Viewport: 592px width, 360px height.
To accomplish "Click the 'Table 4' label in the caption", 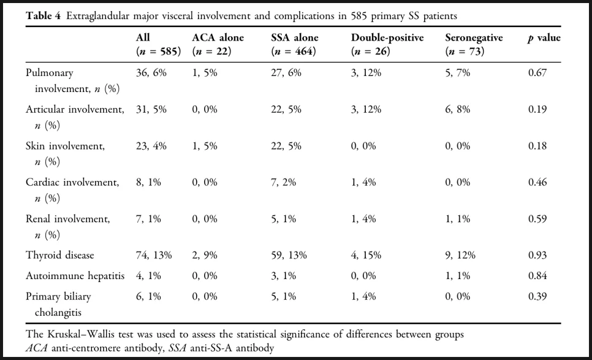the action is [43, 16].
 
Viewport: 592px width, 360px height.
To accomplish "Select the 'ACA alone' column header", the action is [218, 38].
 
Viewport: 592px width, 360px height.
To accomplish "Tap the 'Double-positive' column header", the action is [387, 38].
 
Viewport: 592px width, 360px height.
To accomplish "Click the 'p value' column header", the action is [544, 38].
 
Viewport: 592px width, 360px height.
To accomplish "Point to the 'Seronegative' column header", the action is [474, 38].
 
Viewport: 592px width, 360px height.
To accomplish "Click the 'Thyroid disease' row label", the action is [59, 255].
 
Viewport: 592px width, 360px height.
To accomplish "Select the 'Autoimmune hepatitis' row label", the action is [75, 276].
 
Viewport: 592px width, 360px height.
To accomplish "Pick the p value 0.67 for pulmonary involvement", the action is [537, 72].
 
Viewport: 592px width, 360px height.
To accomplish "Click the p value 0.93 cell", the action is [537, 255].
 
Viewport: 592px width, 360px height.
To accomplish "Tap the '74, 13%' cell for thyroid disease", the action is [154, 255].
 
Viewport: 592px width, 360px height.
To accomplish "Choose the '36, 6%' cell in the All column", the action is [151, 72].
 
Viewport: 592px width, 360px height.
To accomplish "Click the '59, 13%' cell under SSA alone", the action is [289, 255].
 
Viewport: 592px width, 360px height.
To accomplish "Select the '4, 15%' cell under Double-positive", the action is [366, 255].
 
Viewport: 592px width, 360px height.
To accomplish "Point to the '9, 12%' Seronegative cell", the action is [460, 255].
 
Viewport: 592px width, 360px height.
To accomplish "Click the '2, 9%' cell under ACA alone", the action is [205, 255].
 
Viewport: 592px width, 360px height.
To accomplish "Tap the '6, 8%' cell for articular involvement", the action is [458, 109].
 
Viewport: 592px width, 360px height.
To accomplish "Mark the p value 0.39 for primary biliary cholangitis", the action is [537, 296].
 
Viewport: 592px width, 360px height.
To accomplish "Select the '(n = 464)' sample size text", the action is [294, 52].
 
